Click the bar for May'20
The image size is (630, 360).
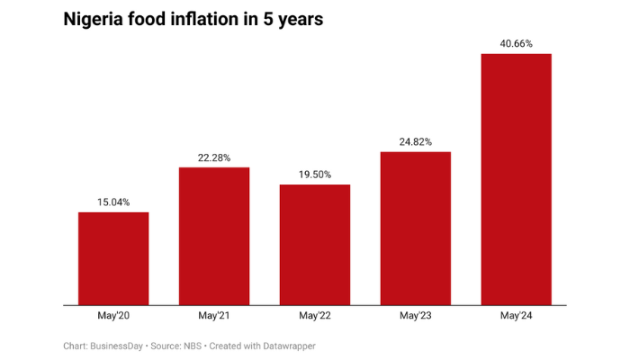(113, 259)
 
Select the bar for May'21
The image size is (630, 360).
(214, 237)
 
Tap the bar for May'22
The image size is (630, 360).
(315, 245)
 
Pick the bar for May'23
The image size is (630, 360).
(416, 229)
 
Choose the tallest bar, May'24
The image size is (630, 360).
(517, 180)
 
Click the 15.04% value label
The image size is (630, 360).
(113, 202)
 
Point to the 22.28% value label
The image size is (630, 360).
(214, 157)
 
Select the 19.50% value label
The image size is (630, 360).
(315, 175)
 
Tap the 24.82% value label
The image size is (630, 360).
(416, 141)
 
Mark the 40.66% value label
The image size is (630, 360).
(517, 43)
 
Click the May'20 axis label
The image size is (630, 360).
(113, 316)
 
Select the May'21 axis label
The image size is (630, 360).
(214, 316)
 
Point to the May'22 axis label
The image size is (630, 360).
(315, 316)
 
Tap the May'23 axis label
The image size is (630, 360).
(416, 316)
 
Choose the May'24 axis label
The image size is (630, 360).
(517, 316)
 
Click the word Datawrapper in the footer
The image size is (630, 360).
(286, 346)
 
